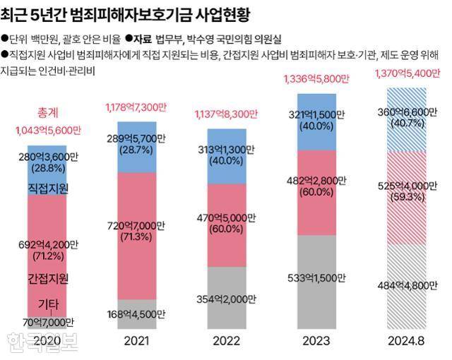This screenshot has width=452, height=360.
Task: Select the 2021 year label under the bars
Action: tap(137, 341)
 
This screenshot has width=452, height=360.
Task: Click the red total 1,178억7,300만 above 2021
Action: tap(136, 107)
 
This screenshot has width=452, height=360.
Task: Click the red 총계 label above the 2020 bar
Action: tap(47, 113)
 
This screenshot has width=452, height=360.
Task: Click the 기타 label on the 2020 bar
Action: tap(48, 304)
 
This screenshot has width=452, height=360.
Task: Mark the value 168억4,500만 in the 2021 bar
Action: tap(137, 314)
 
